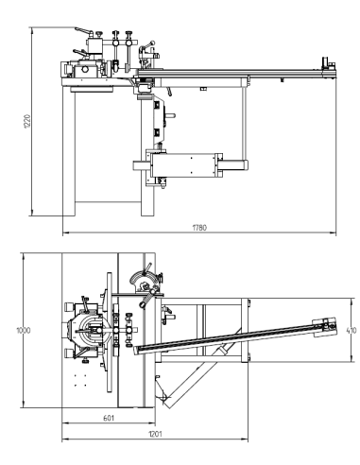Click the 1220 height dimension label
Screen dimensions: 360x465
coord(27,121)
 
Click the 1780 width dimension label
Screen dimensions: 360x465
coord(199,228)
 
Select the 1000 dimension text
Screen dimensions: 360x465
coord(24,330)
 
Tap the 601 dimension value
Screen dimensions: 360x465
coord(109,418)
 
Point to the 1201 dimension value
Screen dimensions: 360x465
coord(155,434)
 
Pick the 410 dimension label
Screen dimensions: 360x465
coord(351,330)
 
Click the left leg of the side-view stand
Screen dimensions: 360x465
coord(69,151)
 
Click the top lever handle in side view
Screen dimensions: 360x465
coord(84,30)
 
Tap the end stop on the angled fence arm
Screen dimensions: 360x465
coord(324,326)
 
